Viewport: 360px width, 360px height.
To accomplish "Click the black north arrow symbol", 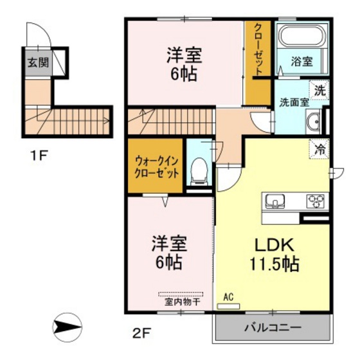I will (67, 327).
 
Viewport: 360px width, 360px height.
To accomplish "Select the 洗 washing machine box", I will (319, 90).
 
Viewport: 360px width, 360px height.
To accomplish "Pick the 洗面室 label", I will (293, 102).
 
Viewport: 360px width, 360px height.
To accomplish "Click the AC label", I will (228, 297).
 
